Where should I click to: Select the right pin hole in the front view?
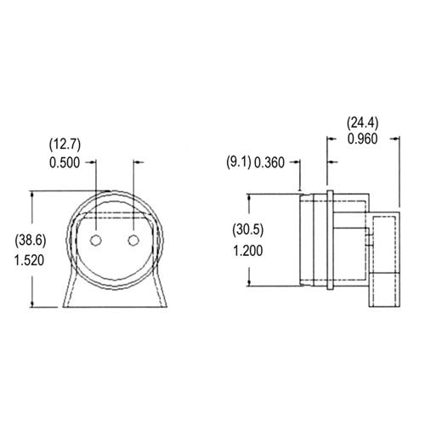pos(133,241)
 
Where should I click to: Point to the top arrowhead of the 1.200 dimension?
pos(250,197)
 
